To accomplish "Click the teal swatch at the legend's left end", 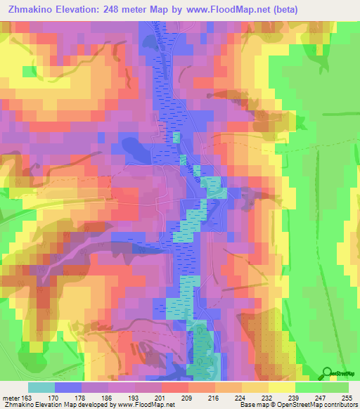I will pyautogui.click(x=41, y=387).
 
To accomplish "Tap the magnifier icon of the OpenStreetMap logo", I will pyautogui.click(x=326, y=372).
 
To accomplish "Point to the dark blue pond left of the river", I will pyautogui.click(x=133, y=148).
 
